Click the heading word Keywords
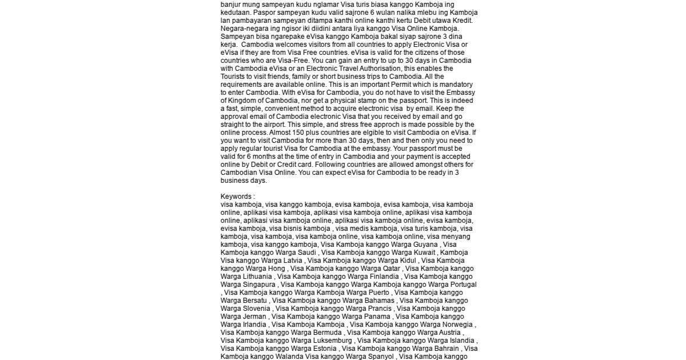pyautogui.click(x=236, y=197)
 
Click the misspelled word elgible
pyautogui.click(x=362, y=132)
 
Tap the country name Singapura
pyautogui.click(x=260, y=284)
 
